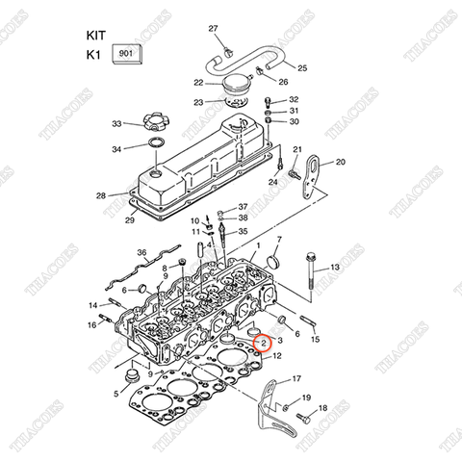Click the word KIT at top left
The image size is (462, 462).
coord(98,33)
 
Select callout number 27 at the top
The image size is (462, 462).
coord(214,30)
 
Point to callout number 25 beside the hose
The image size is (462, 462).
coord(301,68)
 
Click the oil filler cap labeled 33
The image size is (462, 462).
coord(154,123)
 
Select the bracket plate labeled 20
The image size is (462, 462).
coord(309,179)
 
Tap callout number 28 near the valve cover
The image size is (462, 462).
coord(101,195)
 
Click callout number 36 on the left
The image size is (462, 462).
coord(142,253)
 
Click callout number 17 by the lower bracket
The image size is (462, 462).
coord(296,378)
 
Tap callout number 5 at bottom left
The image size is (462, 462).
coord(115,393)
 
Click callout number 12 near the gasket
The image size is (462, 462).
coord(277,356)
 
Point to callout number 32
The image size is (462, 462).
coord(295,99)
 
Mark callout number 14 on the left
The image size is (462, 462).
coord(94,305)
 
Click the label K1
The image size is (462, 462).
coord(94,56)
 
